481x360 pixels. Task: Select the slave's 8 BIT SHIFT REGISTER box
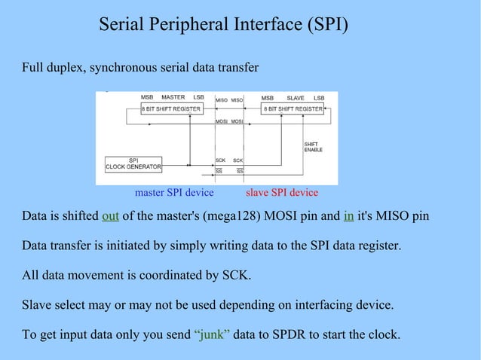click(293, 109)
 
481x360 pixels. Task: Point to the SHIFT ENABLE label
click(313, 147)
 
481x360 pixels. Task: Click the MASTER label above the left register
click(173, 98)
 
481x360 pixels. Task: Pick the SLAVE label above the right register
click(296, 98)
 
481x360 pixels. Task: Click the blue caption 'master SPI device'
click(173, 193)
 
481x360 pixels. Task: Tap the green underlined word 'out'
click(110, 217)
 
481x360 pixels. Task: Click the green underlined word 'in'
click(348, 217)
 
